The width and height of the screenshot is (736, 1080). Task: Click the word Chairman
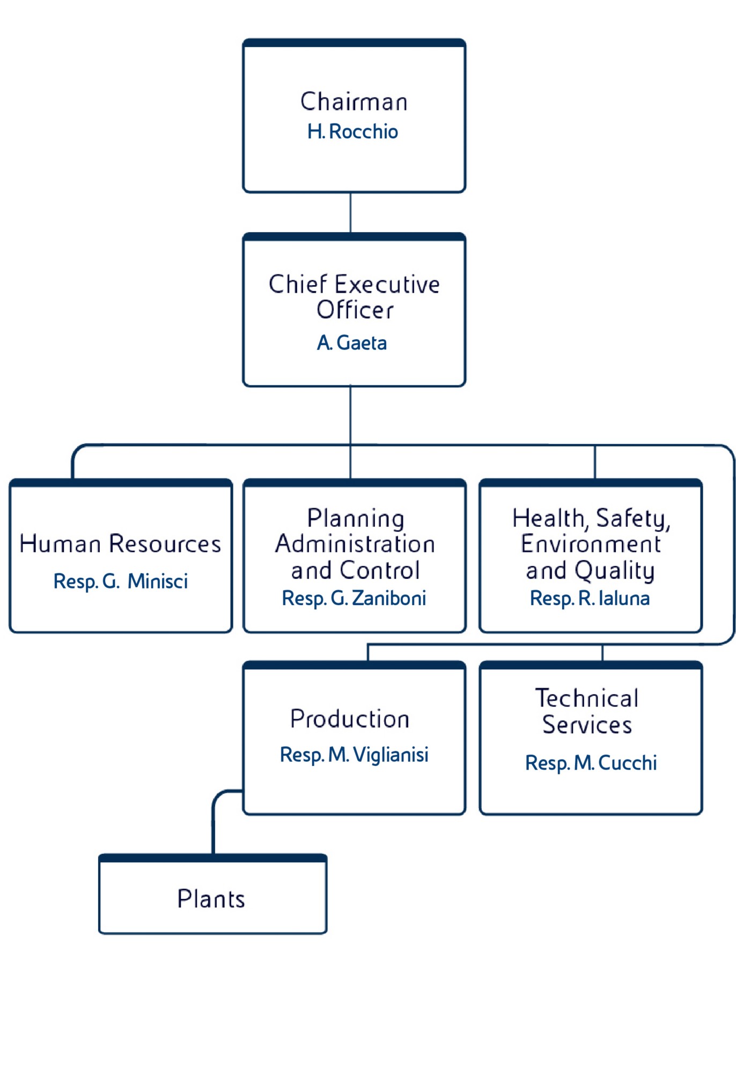coord(354,102)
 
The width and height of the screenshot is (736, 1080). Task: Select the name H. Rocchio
coord(352,132)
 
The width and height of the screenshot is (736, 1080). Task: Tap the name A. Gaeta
coord(352,343)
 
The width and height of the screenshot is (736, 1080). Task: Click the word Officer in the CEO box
coord(355,310)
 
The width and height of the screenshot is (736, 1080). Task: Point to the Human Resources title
coord(120,544)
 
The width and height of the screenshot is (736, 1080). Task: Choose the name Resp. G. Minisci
coord(120,582)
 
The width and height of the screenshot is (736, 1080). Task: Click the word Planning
coord(355,518)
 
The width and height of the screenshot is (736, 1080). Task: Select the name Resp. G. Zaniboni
coord(354,599)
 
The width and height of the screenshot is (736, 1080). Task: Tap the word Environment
coord(591,544)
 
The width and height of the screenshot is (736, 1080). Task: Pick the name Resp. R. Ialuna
coord(590,599)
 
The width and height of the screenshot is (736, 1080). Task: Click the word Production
coord(350,719)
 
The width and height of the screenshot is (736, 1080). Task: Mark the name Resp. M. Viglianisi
coord(354,755)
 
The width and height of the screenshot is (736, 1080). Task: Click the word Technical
coord(587,698)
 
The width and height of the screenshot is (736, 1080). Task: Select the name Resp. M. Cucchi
coord(591,763)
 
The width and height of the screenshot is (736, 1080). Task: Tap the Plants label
coord(211,899)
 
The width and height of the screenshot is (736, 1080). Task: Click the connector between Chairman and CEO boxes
coord(350,212)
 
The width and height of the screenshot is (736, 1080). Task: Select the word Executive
coord(388,285)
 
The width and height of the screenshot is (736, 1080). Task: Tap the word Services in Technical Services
coord(587,725)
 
